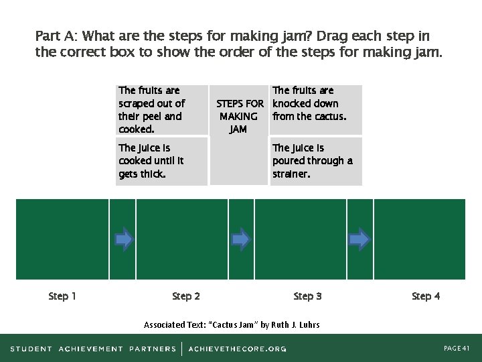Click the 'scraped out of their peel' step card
[x=161, y=109]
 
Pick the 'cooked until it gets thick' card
[x=161, y=161]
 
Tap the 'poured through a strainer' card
[x=315, y=161]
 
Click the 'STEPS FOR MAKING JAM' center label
[x=239, y=117]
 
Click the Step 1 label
[x=62, y=296]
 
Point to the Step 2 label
[x=186, y=296]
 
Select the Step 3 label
[x=307, y=296]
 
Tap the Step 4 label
[x=426, y=296]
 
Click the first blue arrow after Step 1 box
[x=124, y=239]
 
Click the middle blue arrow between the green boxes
[x=240, y=239]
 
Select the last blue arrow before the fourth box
[x=359, y=239]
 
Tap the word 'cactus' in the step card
[x=330, y=117]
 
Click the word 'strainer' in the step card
[x=292, y=174]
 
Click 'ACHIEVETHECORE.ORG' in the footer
[x=238, y=349]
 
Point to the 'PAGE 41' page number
[x=457, y=349]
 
